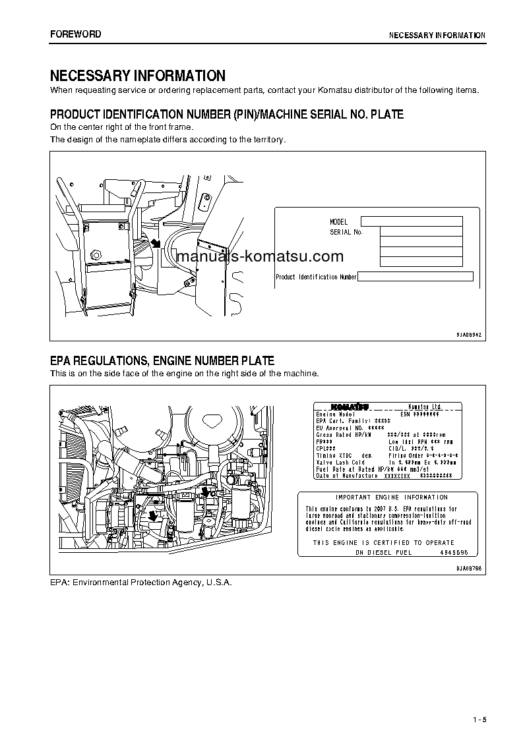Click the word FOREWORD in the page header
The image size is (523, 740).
(76, 34)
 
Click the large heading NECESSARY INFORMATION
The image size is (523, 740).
(138, 76)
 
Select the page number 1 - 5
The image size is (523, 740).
(479, 719)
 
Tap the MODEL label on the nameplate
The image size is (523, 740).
(338, 222)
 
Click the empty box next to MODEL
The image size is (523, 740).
(412, 221)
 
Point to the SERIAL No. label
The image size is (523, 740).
(346, 232)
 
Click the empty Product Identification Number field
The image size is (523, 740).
(415, 277)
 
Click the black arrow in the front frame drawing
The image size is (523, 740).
(156, 244)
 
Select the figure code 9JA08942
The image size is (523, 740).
(469, 335)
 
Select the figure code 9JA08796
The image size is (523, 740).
(469, 567)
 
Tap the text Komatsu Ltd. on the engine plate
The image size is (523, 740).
(425, 407)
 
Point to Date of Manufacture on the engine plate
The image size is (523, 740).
(347, 475)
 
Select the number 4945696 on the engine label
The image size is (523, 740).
(454, 552)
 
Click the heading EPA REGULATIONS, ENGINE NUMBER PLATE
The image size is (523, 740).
(162, 361)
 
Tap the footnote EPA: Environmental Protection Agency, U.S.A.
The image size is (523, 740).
(141, 583)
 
